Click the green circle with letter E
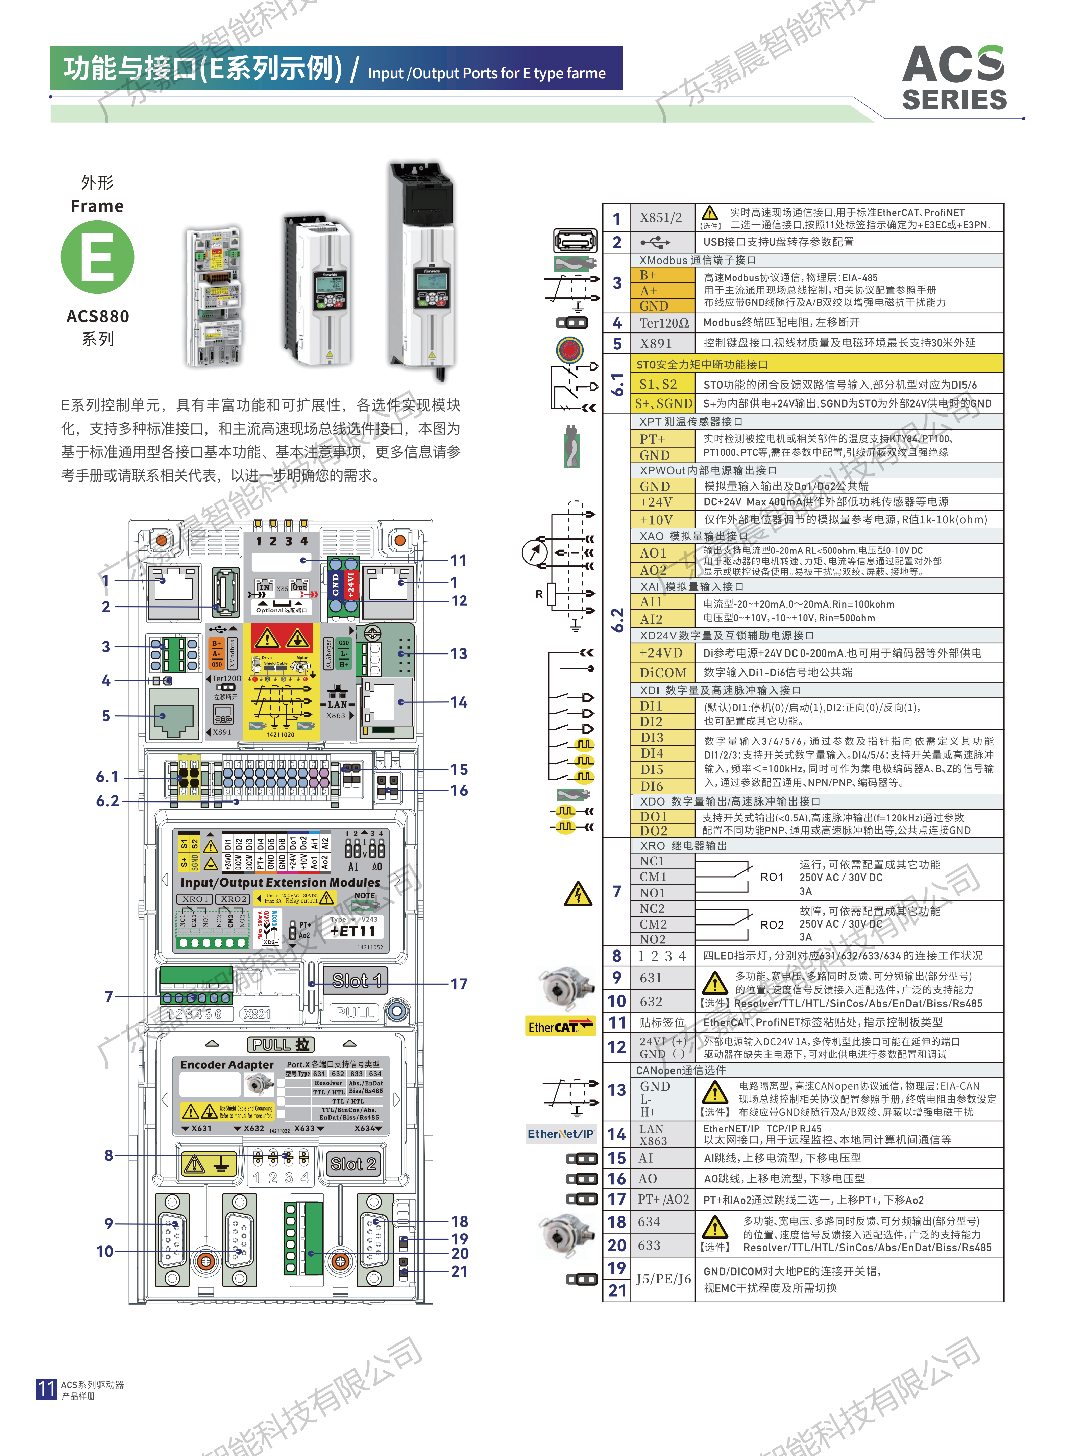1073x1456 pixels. (97, 257)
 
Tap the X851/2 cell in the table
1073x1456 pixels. (661, 218)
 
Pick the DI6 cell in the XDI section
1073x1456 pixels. (652, 786)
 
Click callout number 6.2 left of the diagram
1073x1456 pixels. (108, 801)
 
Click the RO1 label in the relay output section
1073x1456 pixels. (772, 877)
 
